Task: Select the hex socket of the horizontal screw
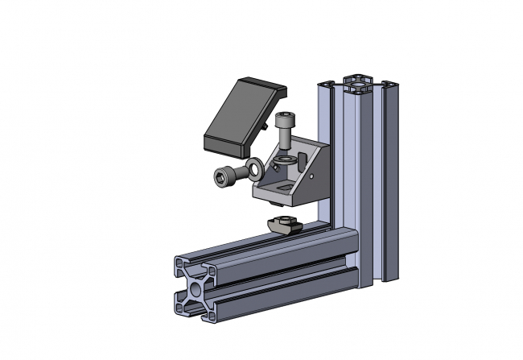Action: coord(221,176)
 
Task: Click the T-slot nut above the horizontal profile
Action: coord(284,223)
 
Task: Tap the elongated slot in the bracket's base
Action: coord(282,186)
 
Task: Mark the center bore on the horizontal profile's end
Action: coord(195,288)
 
